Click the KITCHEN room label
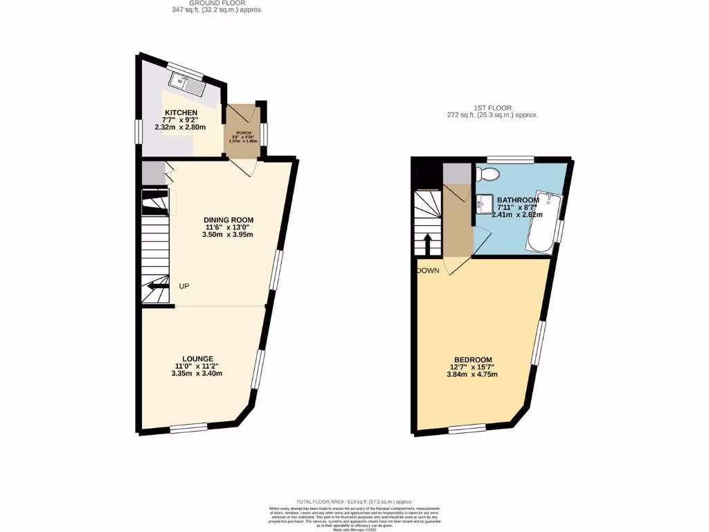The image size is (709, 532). click(181, 112)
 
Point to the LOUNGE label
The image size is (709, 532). click(197, 358)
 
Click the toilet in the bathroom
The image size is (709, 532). click(488, 172)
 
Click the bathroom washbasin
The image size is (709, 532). click(485, 204)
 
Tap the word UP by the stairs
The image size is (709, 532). click(184, 286)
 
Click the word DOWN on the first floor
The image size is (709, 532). click(428, 271)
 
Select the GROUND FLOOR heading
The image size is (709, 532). click(217, 3)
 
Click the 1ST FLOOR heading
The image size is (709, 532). click(492, 108)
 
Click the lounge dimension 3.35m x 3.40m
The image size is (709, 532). click(197, 373)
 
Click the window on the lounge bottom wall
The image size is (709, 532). click(188, 428)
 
